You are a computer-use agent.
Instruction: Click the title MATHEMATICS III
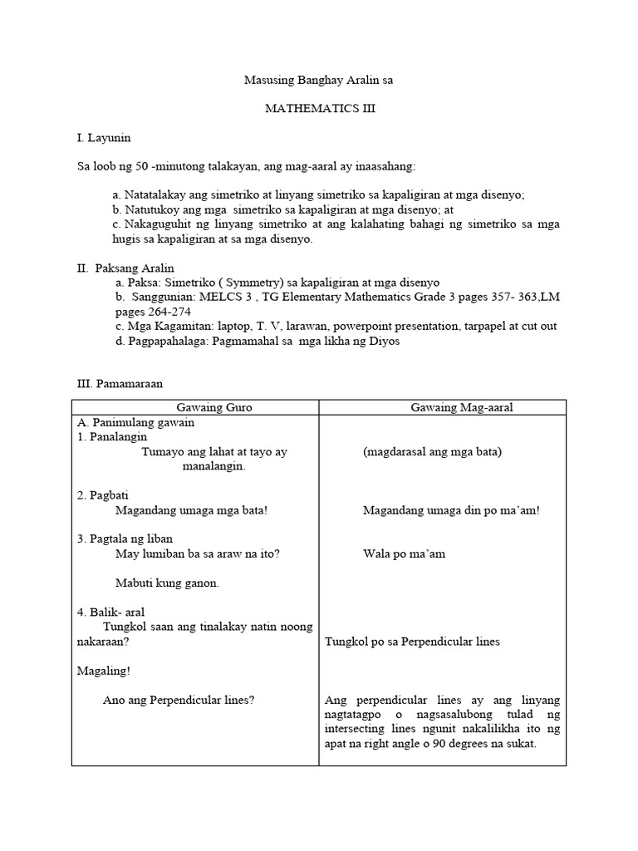pyautogui.click(x=319, y=109)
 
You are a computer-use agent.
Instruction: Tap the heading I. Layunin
pyautogui.click(x=104, y=137)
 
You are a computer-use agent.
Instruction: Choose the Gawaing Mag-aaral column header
pyautogui.click(x=442, y=407)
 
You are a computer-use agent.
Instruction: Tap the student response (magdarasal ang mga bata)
pyautogui.click(x=432, y=452)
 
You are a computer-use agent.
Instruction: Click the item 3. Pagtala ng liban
pyautogui.click(x=125, y=539)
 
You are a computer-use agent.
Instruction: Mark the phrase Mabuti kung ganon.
pyautogui.click(x=167, y=583)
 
